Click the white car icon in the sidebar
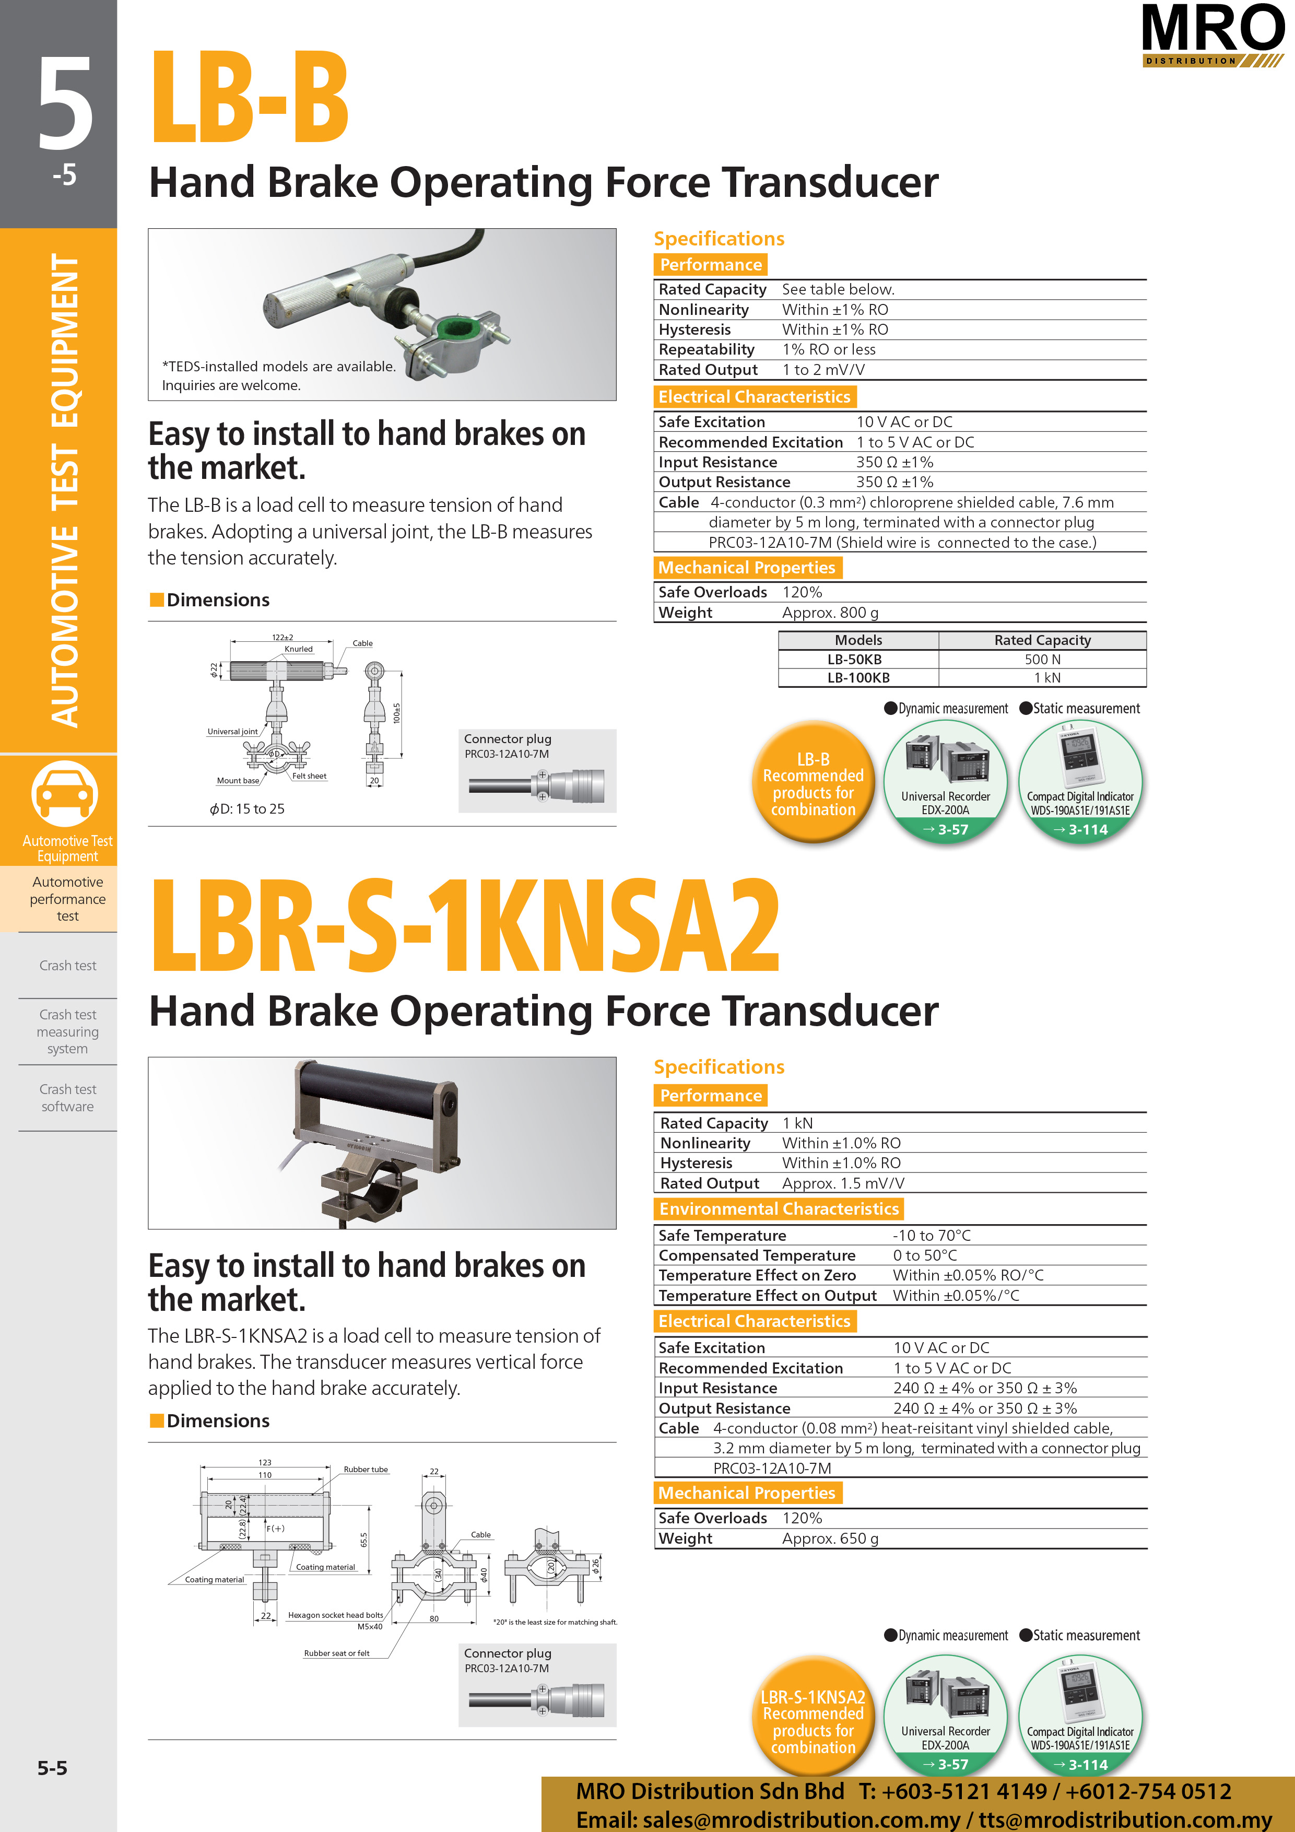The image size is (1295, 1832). point(65,793)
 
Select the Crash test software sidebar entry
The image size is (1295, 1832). point(68,1098)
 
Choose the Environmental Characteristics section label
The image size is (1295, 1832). point(779,1209)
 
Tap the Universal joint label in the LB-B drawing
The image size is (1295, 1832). point(232,732)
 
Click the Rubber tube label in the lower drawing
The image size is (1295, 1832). point(366,1469)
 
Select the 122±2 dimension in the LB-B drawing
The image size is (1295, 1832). point(282,638)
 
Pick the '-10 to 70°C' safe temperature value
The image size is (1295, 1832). point(931,1235)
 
